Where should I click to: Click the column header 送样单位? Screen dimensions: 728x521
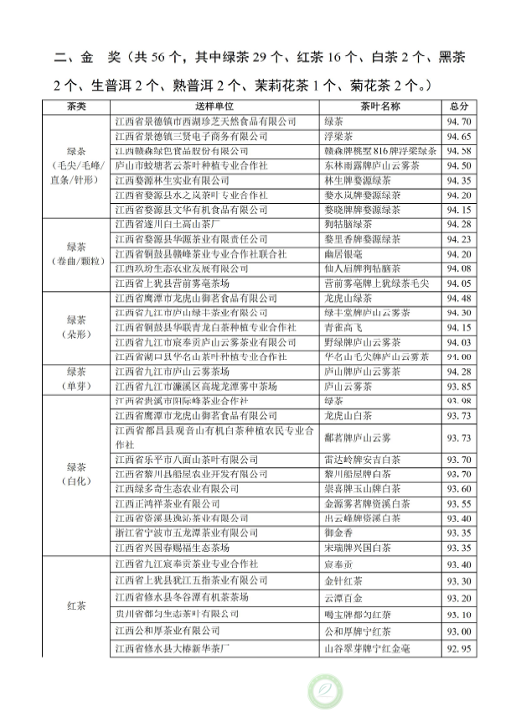tap(214, 107)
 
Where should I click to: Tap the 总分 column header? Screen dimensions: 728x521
tap(458, 107)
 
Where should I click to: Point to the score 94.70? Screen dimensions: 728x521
tap(458, 122)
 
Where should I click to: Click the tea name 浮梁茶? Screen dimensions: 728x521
tap(338, 136)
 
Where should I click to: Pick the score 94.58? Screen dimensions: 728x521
tap(458, 151)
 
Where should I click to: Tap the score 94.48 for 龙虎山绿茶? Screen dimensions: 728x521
tap(458, 298)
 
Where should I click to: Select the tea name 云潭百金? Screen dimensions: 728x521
tap(343, 598)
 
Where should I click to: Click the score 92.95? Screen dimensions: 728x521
tap(458, 648)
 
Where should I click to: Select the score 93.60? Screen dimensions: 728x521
tap(458, 488)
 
